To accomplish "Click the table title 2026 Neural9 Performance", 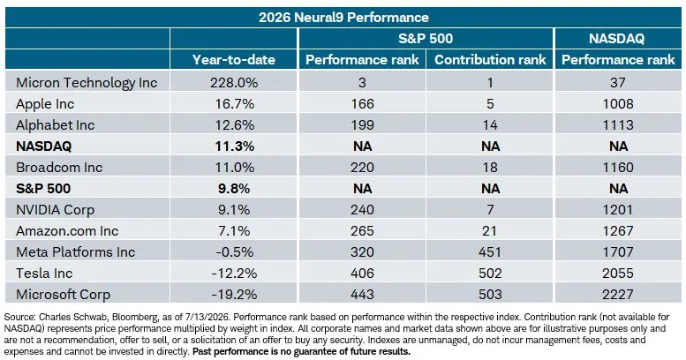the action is click(343, 18).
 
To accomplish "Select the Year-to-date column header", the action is click(234, 59).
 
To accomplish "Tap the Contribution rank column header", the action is click(490, 59).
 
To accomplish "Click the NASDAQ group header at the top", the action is click(617, 39).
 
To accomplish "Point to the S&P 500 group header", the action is click(426, 39).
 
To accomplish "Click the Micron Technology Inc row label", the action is click(87, 83).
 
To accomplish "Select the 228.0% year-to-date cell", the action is click(234, 83).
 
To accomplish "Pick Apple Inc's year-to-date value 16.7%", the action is click(235, 103).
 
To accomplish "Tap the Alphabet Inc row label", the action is click(55, 125).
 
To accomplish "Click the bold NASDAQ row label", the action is click(43, 146).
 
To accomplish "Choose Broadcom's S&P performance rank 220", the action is click(362, 167).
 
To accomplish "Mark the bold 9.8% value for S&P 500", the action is click(234, 189).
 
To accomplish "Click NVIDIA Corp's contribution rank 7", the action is click(490, 209).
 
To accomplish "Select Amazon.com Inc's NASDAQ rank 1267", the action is click(618, 230).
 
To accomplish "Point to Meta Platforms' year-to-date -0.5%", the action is click(234, 252).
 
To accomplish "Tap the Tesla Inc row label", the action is click(44, 273).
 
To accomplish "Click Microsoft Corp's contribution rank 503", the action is click(490, 295).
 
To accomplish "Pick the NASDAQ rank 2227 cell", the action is click(618, 295).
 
